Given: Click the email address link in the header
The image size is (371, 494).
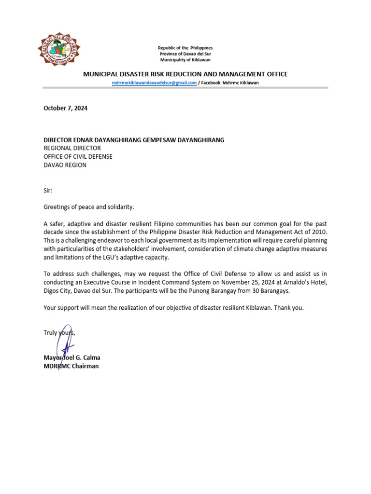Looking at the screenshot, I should pyautogui.click(x=154, y=83).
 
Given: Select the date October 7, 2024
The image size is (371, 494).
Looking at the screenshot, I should pyautogui.click(x=66, y=109).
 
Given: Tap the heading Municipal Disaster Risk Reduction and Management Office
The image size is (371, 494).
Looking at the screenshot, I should pyautogui.click(x=185, y=74).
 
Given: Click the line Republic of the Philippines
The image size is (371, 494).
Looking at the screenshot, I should pyautogui.click(x=185, y=48).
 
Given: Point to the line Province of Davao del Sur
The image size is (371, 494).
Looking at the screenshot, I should pyautogui.click(x=185, y=54).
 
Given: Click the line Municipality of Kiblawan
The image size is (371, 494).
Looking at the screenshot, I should pyautogui.click(x=185, y=60).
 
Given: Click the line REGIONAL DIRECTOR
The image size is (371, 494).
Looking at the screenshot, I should pyautogui.click(x=72, y=149).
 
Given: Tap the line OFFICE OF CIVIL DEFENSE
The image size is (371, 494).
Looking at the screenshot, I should pyautogui.click(x=78, y=157).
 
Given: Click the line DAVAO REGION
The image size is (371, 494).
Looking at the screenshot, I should pyautogui.click(x=65, y=165).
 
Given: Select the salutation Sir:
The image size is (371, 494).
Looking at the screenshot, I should pyautogui.click(x=48, y=191).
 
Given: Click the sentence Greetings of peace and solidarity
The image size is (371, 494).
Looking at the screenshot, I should pyautogui.click(x=88, y=207).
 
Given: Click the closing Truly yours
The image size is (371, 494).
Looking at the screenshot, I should pyautogui.click(x=59, y=333).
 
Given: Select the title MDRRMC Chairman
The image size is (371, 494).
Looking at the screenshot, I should pyautogui.click(x=71, y=366).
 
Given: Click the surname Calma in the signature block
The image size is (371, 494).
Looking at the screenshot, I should pyautogui.click(x=91, y=358).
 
